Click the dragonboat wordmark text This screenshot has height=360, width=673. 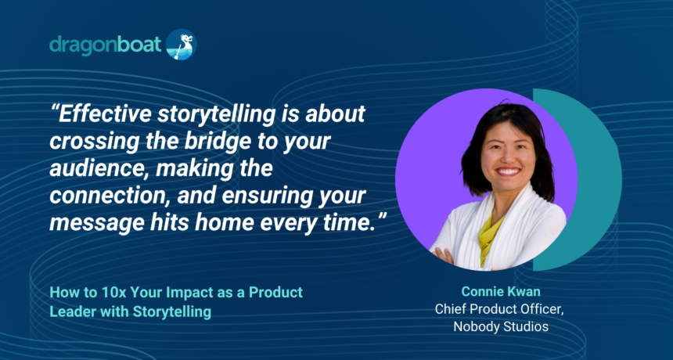(106, 45)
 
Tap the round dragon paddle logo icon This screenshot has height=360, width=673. (181, 44)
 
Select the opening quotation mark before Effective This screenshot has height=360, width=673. (53, 109)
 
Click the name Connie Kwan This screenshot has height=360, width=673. (501, 292)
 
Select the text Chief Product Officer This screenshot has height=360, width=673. (499, 309)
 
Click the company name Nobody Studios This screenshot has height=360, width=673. (501, 326)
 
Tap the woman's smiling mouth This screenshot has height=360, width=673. (509, 172)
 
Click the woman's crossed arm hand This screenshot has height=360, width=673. (444, 254)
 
